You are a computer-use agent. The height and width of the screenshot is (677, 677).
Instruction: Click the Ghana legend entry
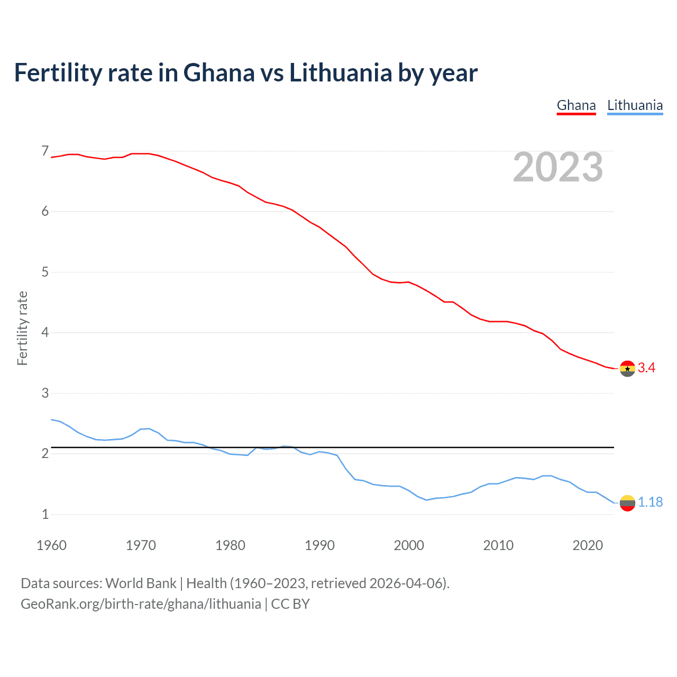pos(576,105)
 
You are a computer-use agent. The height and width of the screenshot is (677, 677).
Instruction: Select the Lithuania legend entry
pos(635,105)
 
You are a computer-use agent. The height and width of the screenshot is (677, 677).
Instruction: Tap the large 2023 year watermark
pos(557,167)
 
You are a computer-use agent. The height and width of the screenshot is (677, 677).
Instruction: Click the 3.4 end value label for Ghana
pos(646,368)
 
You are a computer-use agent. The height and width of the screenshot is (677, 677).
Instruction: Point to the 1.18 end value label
pos(650,502)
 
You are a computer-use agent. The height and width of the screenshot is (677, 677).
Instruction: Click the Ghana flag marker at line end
pos(627,369)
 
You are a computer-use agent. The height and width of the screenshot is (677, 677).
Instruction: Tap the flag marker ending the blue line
pos(627,503)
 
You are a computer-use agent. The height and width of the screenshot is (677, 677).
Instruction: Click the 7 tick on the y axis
pos(45,151)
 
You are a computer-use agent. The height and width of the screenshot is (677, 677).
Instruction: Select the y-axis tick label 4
pos(45,333)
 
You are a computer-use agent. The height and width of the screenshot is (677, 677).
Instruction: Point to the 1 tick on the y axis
pos(45,514)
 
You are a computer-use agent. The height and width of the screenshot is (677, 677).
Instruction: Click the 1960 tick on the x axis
pos(51,545)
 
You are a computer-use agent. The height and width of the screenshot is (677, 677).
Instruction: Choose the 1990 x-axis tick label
pos(319,545)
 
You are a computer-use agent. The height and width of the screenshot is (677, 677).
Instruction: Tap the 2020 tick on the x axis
pos(588,545)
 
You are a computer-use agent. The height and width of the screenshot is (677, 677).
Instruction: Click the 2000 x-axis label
pos(409,545)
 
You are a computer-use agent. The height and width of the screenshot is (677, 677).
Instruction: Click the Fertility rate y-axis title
pos(22,328)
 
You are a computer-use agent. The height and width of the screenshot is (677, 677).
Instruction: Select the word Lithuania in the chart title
pos(340,73)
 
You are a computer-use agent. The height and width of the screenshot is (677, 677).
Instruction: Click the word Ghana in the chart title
pos(218,73)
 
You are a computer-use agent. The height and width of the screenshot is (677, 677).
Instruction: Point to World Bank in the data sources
pos(141,583)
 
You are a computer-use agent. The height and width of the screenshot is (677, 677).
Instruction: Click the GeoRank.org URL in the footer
pos(141,604)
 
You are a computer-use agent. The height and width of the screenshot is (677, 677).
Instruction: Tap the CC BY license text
pos(290,604)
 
